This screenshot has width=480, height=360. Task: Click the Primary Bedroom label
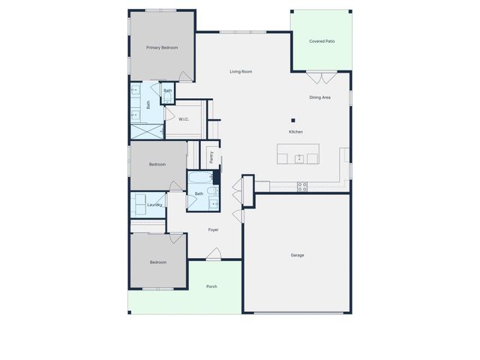click(x=162, y=48)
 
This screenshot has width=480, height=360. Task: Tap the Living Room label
click(x=241, y=71)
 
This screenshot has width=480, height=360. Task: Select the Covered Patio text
click(x=322, y=41)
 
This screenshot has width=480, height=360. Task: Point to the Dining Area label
click(x=320, y=97)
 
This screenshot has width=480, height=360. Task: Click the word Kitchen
click(x=295, y=132)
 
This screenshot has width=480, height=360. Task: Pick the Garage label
click(x=298, y=255)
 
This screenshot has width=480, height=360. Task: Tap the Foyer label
click(x=213, y=229)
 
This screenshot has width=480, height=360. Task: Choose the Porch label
click(x=211, y=286)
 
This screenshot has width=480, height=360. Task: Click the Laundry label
click(x=154, y=205)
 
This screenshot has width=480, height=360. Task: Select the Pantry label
click(x=212, y=157)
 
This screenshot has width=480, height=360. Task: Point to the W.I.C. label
click(x=184, y=118)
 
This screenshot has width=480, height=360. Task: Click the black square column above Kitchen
click(x=294, y=120)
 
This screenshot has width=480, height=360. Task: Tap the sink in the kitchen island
click(x=298, y=157)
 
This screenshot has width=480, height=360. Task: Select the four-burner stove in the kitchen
click(x=302, y=186)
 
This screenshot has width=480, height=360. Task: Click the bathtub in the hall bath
click(x=199, y=180)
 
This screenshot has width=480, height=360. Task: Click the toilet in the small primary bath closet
click(x=166, y=97)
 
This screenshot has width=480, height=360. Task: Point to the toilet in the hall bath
click(x=215, y=178)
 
